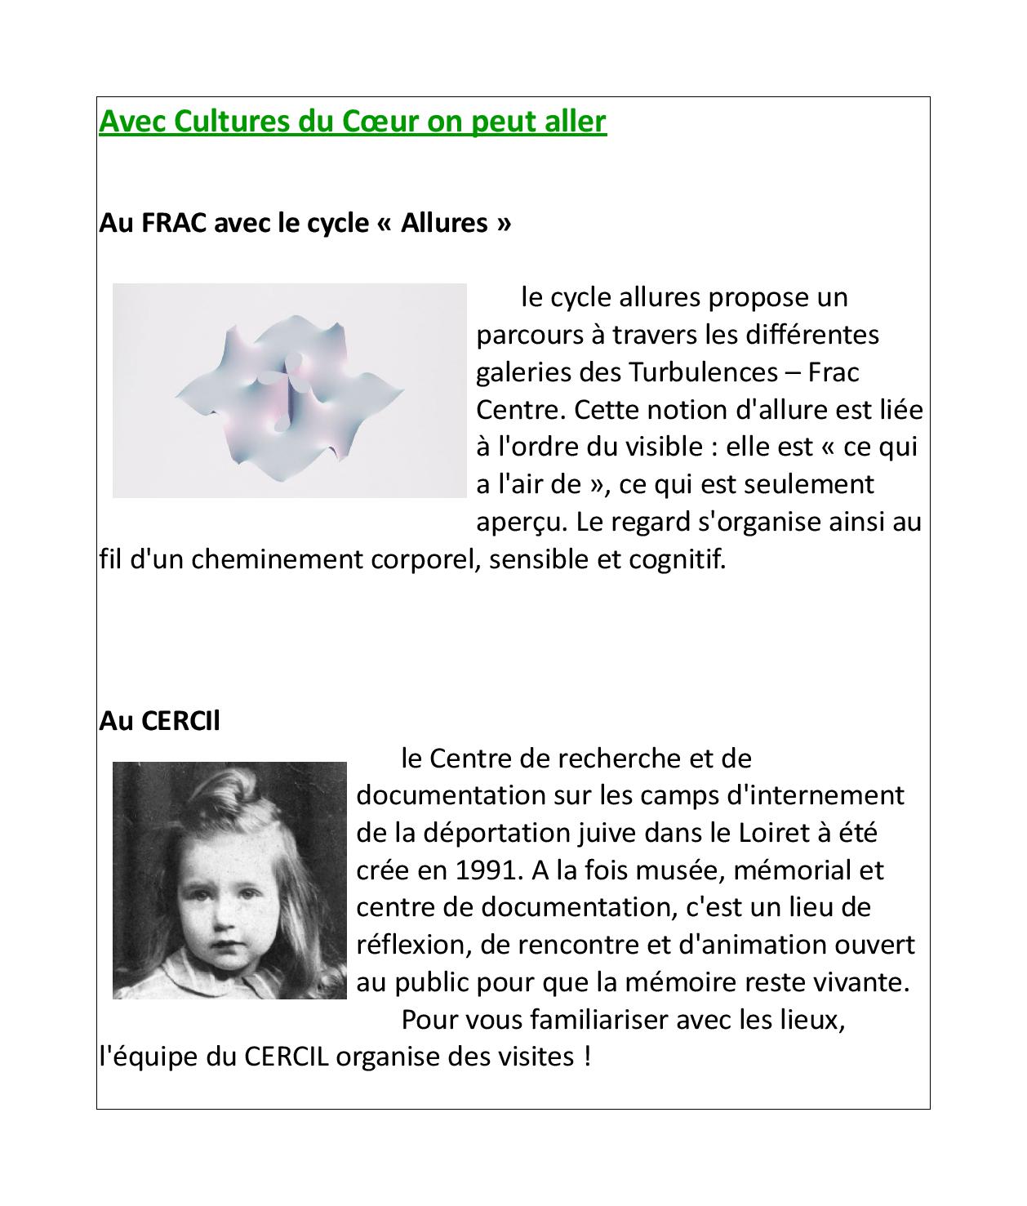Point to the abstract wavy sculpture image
click(289, 390)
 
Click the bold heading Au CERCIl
click(159, 721)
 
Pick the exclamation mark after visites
click(587, 1057)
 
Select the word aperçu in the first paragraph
click(518, 522)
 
